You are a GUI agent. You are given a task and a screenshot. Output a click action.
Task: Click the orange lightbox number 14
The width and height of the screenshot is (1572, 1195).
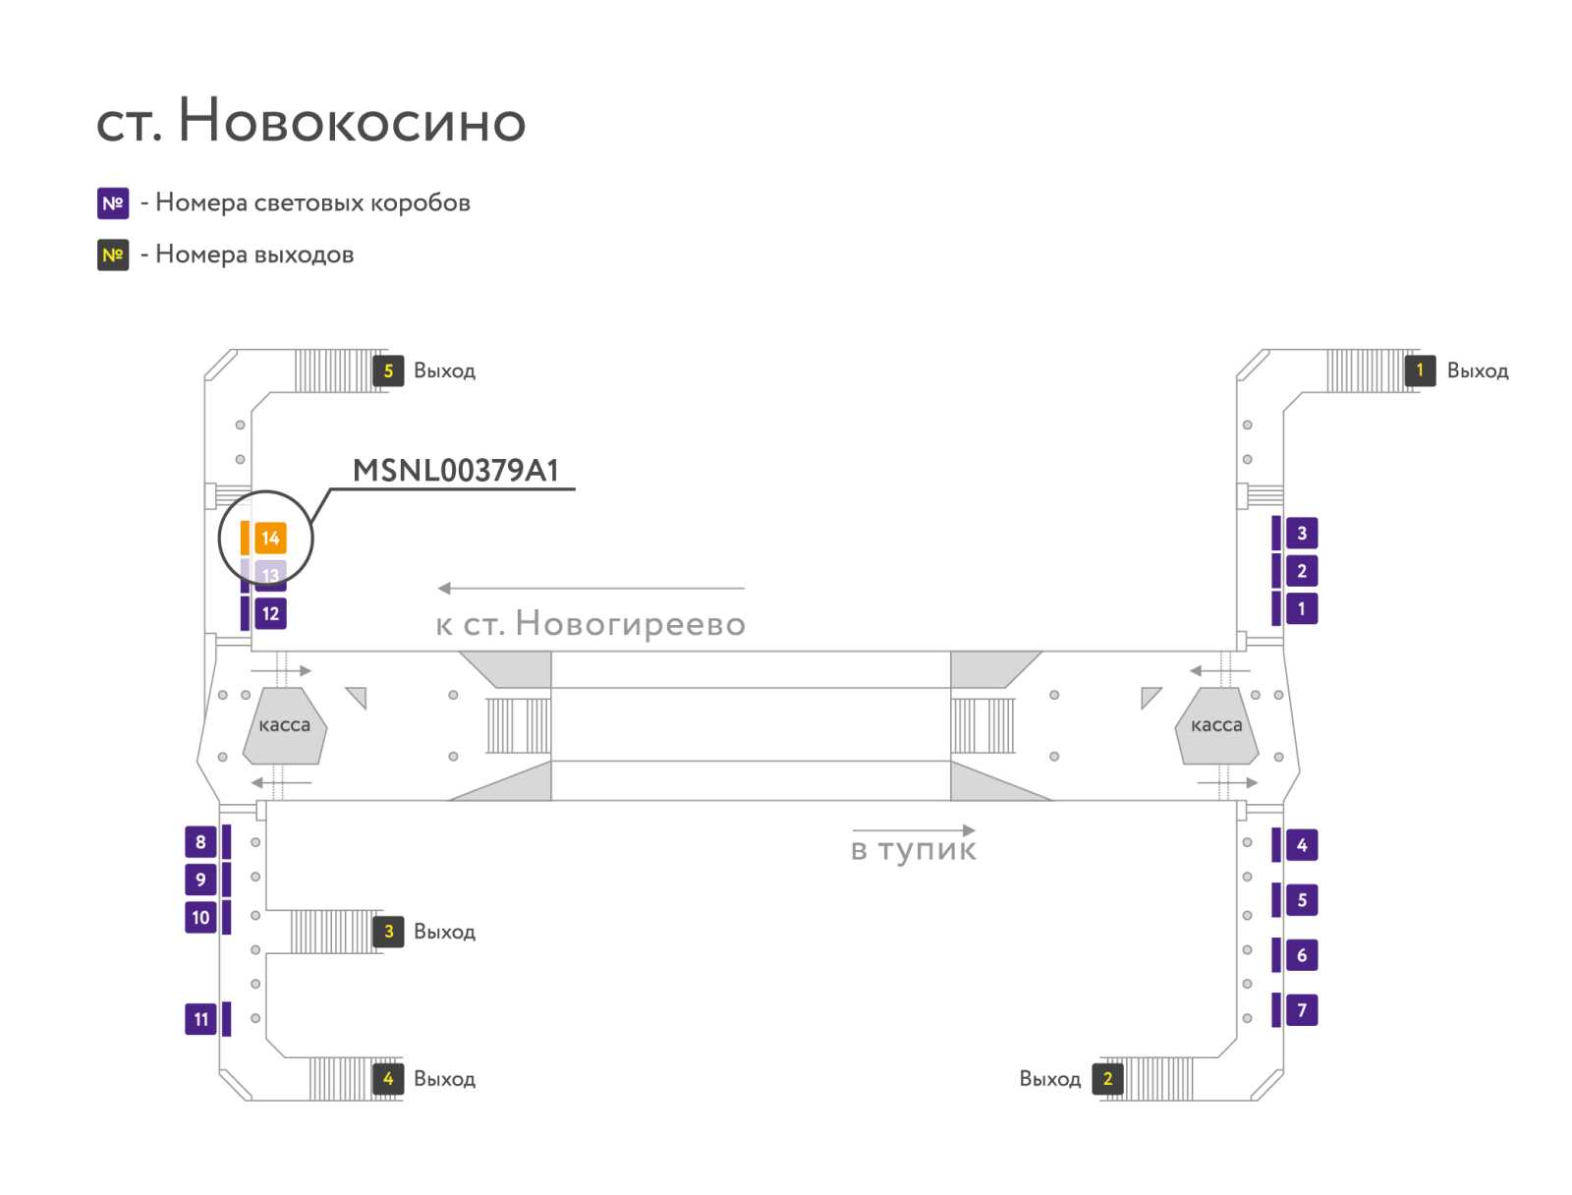click(x=270, y=538)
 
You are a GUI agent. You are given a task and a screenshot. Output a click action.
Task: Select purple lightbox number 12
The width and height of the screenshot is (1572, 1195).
click(x=270, y=613)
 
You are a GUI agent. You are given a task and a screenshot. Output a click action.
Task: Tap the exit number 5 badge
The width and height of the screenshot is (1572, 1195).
click(x=388, y=370)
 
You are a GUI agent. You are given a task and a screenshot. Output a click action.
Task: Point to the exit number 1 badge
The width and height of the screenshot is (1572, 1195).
click(x=1420, y=370)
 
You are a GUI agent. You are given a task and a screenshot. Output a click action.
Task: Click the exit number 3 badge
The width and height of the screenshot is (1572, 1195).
click(x=388, y=932)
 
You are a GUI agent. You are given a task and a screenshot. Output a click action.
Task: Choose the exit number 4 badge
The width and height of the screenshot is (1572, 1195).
click(x=388, y=1078)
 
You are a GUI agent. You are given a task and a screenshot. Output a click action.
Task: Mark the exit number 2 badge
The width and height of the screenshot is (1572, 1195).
click(x=1107, y=1078)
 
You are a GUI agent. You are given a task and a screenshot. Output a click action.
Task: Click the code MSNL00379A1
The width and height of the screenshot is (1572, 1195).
click(x=456, y=471)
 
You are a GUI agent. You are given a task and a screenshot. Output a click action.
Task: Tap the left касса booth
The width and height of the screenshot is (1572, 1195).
click(x=284, y=725)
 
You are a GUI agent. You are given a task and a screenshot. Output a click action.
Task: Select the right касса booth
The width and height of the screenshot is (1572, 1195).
click(x=1216, y=725)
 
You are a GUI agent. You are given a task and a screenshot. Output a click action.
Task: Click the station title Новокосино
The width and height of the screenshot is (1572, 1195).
click(x=352, y=120)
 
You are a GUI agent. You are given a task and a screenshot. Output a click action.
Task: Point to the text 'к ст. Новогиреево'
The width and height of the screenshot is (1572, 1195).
click(x=590, y=624)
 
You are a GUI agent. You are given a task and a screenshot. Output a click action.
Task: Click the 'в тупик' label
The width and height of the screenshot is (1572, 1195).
click(x=913, y=850)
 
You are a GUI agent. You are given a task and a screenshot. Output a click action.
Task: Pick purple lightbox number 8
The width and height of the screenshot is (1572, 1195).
click(x=200, y=841)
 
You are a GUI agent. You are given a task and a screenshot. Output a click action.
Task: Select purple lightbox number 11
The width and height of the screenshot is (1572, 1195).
click(x=200, y=1019)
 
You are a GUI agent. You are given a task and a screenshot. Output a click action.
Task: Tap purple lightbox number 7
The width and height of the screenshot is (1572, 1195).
click(x=1301, y=1009)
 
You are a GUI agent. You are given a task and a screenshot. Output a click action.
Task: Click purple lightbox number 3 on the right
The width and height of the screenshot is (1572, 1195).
click(x=1301, y=533)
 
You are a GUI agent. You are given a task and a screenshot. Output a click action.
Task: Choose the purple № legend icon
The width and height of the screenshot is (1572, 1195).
click(x=113, y=203)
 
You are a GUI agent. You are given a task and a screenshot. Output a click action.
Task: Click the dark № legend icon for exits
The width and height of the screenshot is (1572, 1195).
click(x=113, y=255)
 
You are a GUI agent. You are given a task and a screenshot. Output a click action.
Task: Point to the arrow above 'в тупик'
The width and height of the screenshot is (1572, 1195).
click(x=914, y=829)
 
